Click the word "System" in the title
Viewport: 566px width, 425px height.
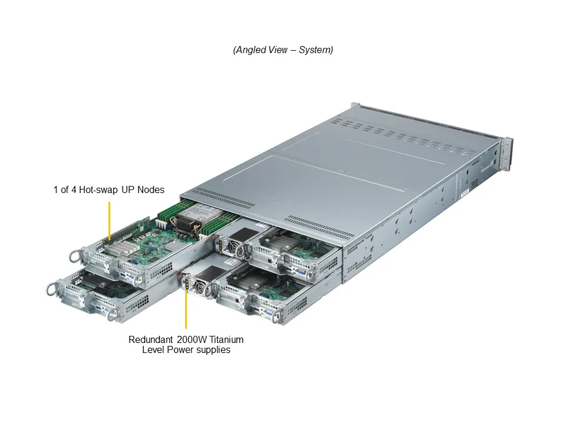pyautogui.click(x=315, y=50)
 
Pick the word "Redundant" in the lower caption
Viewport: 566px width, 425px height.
pyautogui.click(x=150, y=339)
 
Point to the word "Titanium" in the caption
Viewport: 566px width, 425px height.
pyautogui.click(x=224, y=339)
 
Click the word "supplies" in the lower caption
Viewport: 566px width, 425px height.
pyautogui.click(x=213, y=350)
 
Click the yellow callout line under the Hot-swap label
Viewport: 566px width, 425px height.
pyautogui.click(x=109, y=220)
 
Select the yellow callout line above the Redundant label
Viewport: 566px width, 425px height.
pyautogui.click(x=186, y=310)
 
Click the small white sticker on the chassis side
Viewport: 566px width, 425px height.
pyautogui.click(x=463, y=193)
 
